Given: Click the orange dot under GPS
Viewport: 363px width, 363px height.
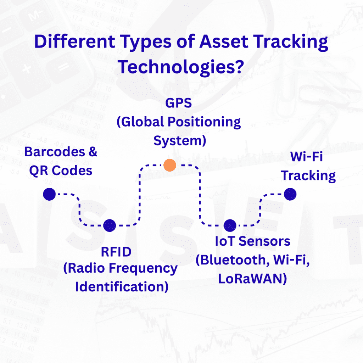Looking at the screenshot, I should click(170, 165).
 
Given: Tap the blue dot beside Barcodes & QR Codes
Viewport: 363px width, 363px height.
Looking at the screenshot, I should click(49, 194).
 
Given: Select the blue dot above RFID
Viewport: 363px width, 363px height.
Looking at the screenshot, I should click(110, 225).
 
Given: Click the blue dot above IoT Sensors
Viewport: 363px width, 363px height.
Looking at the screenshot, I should click(230, 225).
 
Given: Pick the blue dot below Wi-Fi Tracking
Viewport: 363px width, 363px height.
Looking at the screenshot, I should click(290, 194).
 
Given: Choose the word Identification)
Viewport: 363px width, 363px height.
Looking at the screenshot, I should click(122, 286).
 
